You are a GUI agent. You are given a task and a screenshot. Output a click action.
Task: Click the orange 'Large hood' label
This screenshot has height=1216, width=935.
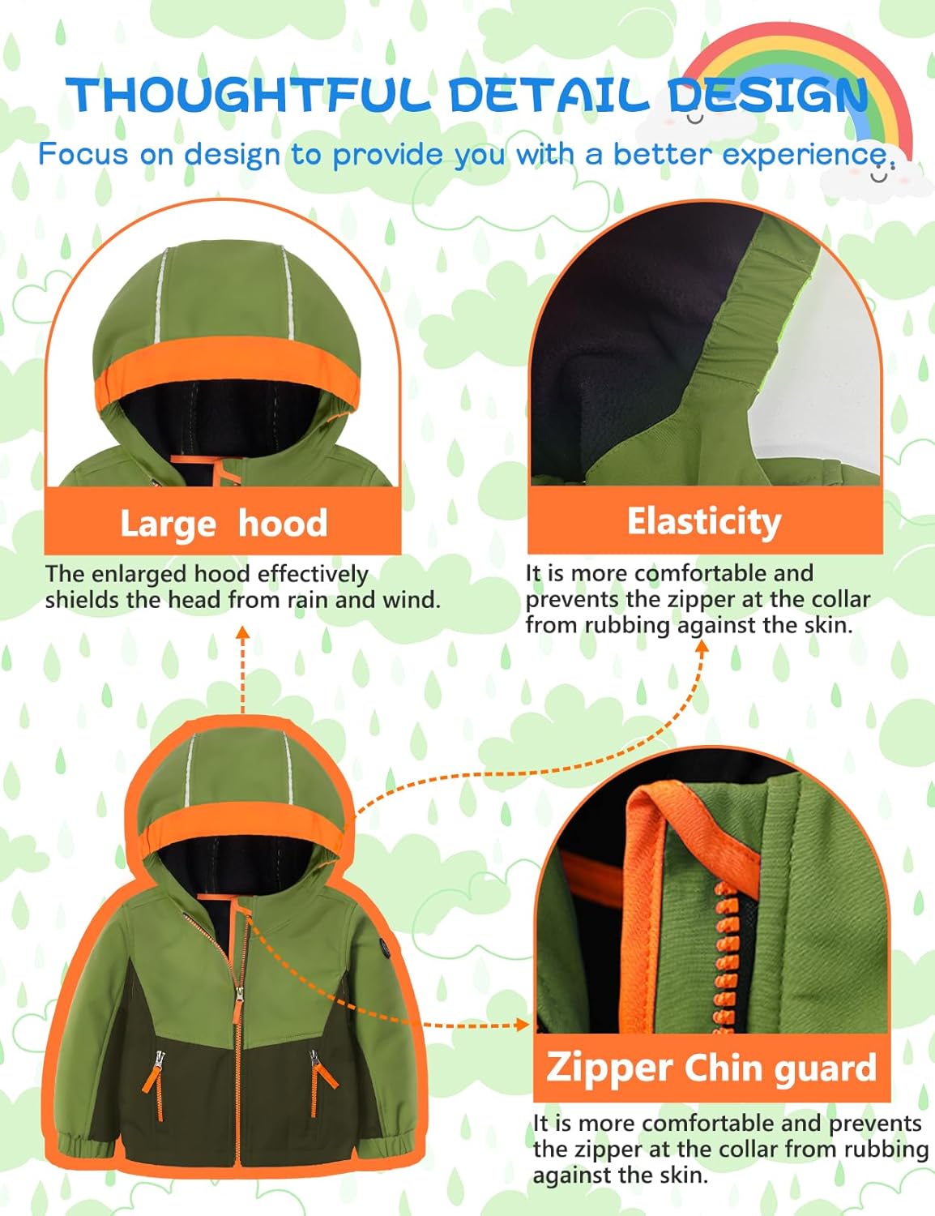click(x=224, y=523)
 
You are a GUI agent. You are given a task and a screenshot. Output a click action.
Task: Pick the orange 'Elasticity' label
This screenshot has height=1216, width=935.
click(x=704, y=521)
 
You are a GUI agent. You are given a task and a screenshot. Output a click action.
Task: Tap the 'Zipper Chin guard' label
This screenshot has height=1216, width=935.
click(x=711, y=1068)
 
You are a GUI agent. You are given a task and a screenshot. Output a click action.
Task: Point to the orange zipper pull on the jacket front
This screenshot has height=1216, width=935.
click(x=237, y=1004)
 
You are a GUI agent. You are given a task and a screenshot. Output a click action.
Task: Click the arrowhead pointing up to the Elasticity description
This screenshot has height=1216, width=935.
click(x=702, y=646)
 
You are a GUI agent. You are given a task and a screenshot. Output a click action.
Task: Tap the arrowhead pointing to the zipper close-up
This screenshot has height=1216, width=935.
click(x=523, y=1025)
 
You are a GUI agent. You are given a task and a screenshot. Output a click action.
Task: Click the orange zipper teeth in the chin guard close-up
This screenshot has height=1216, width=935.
click(x=724, y=957)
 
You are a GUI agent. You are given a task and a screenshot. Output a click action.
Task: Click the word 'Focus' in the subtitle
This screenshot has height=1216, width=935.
click(x=83, y=154)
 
